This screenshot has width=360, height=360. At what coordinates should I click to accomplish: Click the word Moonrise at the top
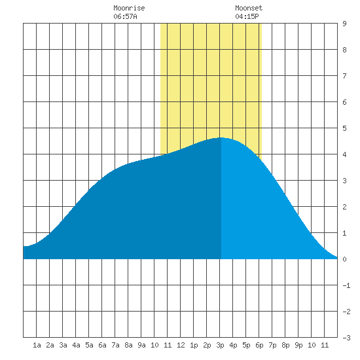[129, 8]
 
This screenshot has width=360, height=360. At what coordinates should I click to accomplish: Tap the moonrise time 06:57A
[125, 16]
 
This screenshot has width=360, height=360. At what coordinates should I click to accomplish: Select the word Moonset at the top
[249, 8]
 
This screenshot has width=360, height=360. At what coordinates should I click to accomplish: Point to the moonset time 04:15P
[247, 16]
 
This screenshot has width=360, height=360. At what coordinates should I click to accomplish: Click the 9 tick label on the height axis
[344, 24]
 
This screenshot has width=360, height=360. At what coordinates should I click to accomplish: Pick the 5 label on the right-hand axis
[344, 128]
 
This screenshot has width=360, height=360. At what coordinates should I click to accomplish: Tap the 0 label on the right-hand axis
[344, 259]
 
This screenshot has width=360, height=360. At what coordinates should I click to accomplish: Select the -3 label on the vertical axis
[346, 338]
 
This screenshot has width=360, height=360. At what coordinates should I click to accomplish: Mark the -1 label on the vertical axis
[346, 285]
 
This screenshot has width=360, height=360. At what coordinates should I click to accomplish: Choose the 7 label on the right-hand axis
[344, 76]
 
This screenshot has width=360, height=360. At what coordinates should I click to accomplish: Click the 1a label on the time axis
[37, 345]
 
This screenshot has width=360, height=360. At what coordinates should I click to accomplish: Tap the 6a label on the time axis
[102, 345]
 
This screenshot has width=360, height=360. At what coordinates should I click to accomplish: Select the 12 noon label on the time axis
[181, 345]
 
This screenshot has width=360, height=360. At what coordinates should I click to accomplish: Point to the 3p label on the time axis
[220, 345]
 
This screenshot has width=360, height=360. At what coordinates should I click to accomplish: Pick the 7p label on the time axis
[272, 345]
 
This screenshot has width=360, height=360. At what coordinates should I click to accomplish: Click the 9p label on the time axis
[298, 345]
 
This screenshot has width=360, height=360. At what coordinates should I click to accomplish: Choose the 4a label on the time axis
[76, 345]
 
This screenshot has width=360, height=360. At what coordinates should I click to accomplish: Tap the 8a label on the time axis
[128, 345]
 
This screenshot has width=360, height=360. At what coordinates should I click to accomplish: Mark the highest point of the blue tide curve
[221, 137]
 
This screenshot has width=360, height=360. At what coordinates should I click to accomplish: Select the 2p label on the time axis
[207, 345]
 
